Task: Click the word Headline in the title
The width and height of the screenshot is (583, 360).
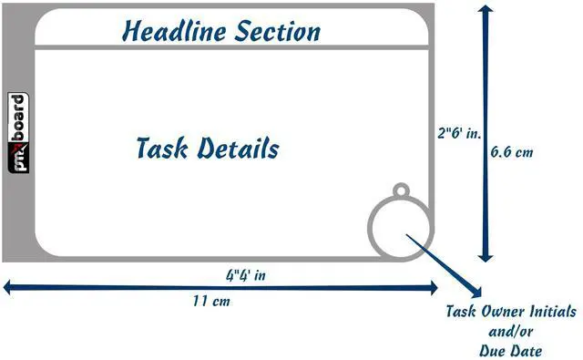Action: (x=174, y=30)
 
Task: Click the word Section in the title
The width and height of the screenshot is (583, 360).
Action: (x=277, y=31)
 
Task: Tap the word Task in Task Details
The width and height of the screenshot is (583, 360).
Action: (x=162, y=148)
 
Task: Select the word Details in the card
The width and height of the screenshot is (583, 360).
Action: (x=238, y=148)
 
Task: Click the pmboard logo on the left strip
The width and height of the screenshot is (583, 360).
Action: (x=18, y=133)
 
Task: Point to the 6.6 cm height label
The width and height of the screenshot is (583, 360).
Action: (x=512, y=151)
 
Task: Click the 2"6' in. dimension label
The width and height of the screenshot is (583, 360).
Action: (x=459, y=133)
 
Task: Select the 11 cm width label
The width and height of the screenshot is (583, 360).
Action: (x=211, y=301)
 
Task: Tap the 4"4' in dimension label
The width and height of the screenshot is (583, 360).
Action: (x=246, y=275)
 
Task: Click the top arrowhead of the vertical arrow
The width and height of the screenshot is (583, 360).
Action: (x=486, y=10)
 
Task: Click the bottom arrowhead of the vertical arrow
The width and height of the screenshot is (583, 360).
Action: (x=486, y=257)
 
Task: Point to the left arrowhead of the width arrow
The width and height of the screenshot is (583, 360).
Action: (x=9, y=288)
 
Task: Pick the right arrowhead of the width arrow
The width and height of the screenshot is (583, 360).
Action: (x=433, y=288)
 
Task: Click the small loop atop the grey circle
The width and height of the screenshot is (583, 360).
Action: (x=401, y=190)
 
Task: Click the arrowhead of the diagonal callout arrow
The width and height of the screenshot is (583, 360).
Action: (x=476, y=293)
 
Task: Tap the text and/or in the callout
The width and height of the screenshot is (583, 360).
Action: (x=510, y=331)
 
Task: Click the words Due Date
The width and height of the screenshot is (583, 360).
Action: (x=510, y=351)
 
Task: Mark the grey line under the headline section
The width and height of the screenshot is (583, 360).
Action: (x=231, y=47)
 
